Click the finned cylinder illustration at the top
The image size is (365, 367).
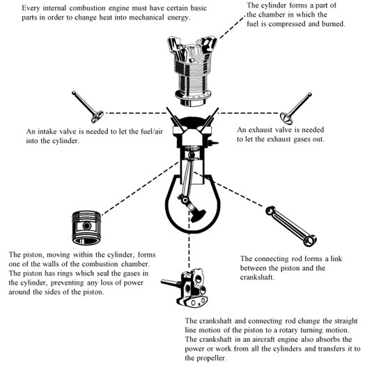click(x=192, y=71)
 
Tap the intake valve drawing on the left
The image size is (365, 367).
click(x=88, y=107)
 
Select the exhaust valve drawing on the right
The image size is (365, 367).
click(x=295, y=109)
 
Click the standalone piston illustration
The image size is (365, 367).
click(x=86, y=227)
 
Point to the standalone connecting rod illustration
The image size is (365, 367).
click(x=291, y=226)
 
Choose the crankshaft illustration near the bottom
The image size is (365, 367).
click(x=185, y=287)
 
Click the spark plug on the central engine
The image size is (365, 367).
click(x=214, y=142)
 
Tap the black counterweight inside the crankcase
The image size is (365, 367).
click(x=198, y=216)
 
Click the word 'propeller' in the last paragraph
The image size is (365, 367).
click(x=211, y=358)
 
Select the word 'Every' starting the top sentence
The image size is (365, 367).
click(x=31, y=8)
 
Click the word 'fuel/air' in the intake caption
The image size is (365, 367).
click(x=152, y=131)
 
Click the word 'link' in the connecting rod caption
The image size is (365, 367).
click(x=336, y=259)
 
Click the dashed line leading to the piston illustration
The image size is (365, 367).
click(x=140, y=188)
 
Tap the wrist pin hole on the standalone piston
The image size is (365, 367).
click(x=87, y=226)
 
